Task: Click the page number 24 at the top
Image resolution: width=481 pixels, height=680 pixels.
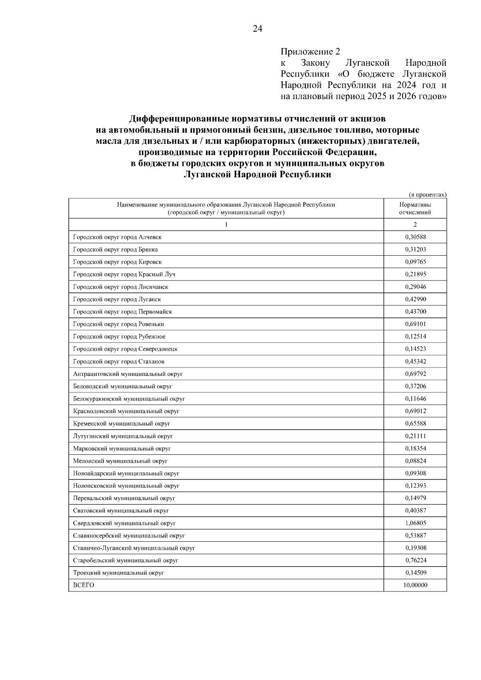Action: [257, 28]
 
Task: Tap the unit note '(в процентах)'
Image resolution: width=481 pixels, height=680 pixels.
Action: [427, 195]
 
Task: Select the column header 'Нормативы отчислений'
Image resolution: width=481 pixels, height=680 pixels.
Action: [415, 208]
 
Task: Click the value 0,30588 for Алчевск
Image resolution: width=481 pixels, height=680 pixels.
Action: [415, 237]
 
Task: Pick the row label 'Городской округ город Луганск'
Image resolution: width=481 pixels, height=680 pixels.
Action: [117, 299]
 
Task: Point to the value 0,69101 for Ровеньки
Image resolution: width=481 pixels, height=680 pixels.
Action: [415, 324]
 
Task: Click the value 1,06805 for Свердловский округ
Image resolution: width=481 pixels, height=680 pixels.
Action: [415, 523]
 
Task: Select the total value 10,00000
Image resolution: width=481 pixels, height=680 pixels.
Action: [415, 585]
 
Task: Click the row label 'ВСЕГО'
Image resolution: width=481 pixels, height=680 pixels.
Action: [83, 585]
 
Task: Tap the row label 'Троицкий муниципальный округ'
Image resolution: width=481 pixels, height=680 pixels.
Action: [119, 573]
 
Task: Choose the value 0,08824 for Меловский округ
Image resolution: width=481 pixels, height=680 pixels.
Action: [415, 461]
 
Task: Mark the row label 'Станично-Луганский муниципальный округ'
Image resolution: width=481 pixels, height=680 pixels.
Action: [134, 548]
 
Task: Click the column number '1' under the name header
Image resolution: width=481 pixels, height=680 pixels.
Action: [226, 224]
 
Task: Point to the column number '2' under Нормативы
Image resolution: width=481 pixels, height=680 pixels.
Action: [415, 224]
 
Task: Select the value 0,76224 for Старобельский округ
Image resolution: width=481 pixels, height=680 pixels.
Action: [415, 560]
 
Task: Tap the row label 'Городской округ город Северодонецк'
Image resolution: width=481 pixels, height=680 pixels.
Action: [125, 349]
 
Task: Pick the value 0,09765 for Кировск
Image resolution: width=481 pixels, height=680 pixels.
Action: [415, 262]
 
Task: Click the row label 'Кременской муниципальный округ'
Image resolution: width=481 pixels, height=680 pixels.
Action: [121, 424]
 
